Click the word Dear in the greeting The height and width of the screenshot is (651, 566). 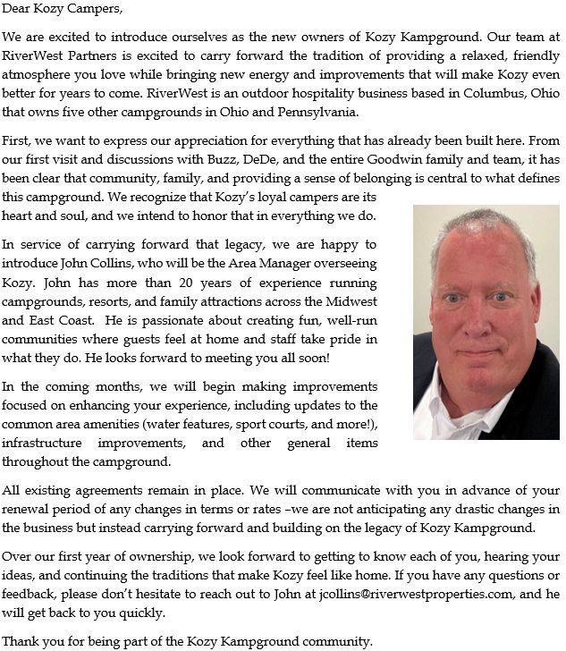click(18, 10)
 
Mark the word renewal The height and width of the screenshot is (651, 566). click(28, 510)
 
